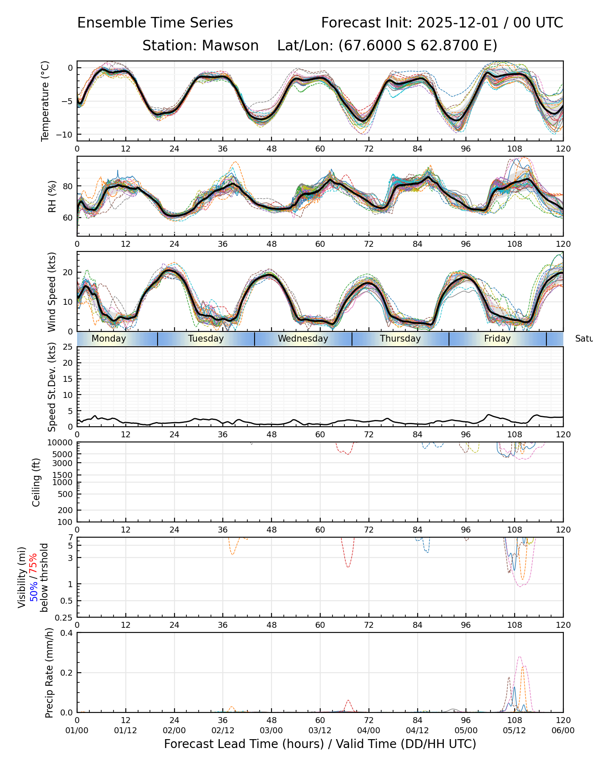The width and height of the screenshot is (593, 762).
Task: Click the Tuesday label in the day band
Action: pos(206,339)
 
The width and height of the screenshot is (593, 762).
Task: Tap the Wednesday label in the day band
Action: pos(303,339)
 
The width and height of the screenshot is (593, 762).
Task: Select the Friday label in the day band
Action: pos(497,339)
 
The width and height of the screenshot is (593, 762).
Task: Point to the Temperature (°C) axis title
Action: pos(45,101)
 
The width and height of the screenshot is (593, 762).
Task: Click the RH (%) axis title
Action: pos(52,196)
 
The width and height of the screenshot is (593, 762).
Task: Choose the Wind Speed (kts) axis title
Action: pos(52,292)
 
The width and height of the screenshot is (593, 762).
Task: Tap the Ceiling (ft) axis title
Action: pos(36,482)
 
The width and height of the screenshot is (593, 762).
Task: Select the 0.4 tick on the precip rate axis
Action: pos(67,633)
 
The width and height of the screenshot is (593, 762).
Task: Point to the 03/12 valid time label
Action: pos(320,730)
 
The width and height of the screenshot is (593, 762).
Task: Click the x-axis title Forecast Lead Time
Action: pos(320,744)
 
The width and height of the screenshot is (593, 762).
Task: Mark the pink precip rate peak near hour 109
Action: pos(520,657)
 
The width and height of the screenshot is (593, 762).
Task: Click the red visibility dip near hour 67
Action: pos(348,566)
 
